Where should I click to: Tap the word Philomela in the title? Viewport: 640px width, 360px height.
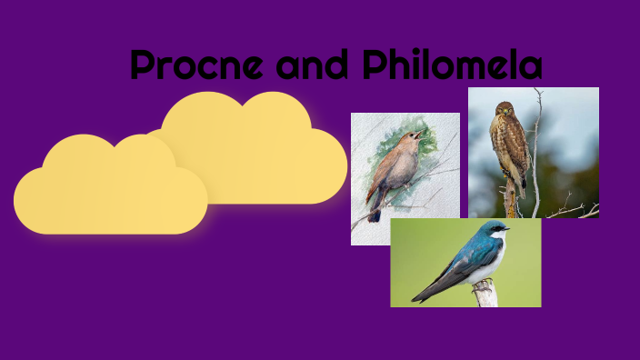tap(452, 65)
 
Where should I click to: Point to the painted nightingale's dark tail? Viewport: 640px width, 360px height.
tap(374, 213)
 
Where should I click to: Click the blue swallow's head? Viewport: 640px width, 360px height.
tap(491, 232)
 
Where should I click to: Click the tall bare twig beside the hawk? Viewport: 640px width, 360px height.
tap(536, 145)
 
